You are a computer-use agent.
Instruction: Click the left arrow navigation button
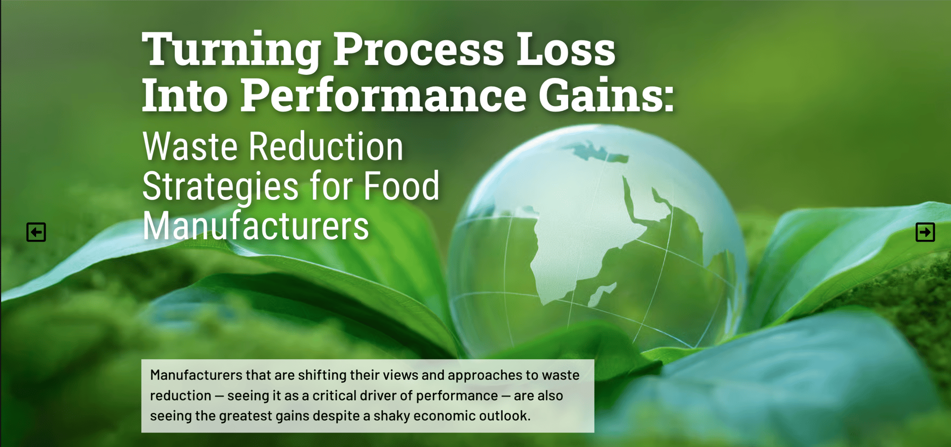pyautogui.click(x=36, y=232)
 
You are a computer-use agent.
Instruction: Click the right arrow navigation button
pyautogui.click(x=925, y=232)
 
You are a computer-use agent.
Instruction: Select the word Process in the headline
pyautogui.click(x=418, y=50)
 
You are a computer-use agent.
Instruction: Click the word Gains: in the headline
pyautogui.click(x=606, y=95)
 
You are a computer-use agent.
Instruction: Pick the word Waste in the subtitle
pyautogui.click(x=190, y=147)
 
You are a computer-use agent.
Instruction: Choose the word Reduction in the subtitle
pyautogui.click(x=326, y=147)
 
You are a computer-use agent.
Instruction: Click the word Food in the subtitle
pyautogui.click(x=401, y=186)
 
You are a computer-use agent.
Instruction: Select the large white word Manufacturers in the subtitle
pyautogui.click(x=256, y=226)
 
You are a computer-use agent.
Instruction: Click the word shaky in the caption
pyautogui.click(x=391, y=416)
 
